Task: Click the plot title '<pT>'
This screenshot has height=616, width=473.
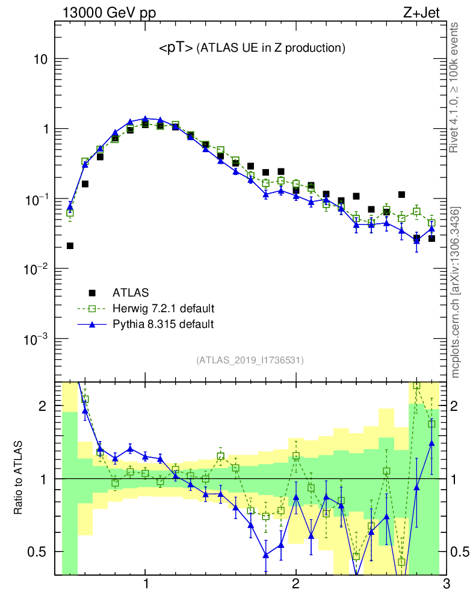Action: click(176, 48)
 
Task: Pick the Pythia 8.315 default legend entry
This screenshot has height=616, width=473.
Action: click(162, 324)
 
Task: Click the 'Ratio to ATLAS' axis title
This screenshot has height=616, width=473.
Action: click(19, 478)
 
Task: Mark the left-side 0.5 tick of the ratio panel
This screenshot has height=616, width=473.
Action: click(39, 552)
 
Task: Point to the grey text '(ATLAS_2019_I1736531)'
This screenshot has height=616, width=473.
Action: click(250, 360)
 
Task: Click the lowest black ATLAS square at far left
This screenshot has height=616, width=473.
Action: click(70, 245)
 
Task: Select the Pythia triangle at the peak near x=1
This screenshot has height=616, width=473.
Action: click(145, 119)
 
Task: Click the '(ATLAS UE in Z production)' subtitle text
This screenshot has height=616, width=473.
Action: click(271, 48)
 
